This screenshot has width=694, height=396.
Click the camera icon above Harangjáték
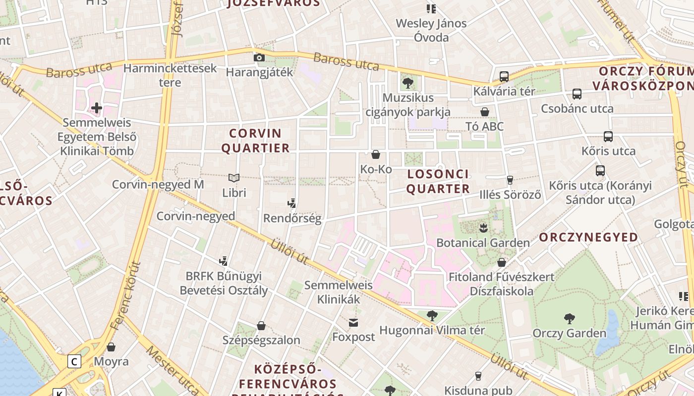tap(259, 58)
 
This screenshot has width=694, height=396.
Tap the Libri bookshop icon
tap(234, 178)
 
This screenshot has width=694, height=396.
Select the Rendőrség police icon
tap(292, 203)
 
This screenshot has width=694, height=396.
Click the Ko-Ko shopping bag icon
tap(376, 154)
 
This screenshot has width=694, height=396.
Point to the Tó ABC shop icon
tap(485, 112)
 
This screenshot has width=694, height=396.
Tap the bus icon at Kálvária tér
tap(504, 77)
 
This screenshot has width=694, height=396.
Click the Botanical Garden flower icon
tap(483, 228)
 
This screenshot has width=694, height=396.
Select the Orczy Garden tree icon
tap(569, 319)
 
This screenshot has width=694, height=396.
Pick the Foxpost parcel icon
tap(353, 323)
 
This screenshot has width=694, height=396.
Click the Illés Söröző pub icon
tap(510, 180)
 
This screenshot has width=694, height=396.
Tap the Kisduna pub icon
tap(478, 376)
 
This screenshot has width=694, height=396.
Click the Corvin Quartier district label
tap(255, 141)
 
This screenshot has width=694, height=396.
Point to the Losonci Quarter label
tap(438, 181)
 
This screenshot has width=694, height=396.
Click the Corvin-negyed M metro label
tap(158, 185)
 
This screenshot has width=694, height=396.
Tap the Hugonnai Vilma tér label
tap(432, 330)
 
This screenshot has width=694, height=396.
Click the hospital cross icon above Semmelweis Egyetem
tap(97, 107)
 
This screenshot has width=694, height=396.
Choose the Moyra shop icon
tap(111, 347)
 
